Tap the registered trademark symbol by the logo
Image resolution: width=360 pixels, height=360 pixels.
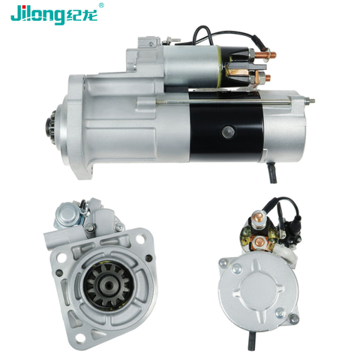101,5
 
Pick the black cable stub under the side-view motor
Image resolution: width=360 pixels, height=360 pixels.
272,172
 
